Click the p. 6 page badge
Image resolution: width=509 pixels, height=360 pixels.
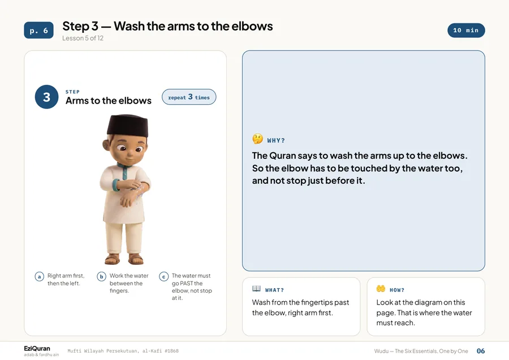coord(38,30)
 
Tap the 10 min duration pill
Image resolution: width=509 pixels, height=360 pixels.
coord(466,30)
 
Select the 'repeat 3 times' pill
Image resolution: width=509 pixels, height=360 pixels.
coord(189,97)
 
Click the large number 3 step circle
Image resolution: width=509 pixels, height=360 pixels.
coord(47,97)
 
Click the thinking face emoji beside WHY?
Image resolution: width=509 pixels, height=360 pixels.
coord(258,139)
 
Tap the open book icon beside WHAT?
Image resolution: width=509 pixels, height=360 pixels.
coord(256,289)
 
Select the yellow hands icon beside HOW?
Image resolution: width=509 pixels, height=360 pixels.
coord(381,289)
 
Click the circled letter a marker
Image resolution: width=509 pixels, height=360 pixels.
coord(39,276)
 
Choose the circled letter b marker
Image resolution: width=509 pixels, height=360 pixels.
coord(102,276)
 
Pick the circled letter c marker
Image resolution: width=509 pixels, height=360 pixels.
coord(163,276)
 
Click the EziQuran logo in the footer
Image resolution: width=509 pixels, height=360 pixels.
coord(37,349)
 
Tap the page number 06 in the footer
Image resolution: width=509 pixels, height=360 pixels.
coord(481,351)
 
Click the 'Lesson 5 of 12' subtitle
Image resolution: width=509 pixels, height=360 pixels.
coord(83,38)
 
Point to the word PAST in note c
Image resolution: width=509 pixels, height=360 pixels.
coord(187,284)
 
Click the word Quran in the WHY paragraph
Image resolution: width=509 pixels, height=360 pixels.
coord(283,156)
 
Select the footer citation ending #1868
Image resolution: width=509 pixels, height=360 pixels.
coord(123,351)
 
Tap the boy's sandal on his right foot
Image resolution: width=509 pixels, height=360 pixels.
coord(113,259)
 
